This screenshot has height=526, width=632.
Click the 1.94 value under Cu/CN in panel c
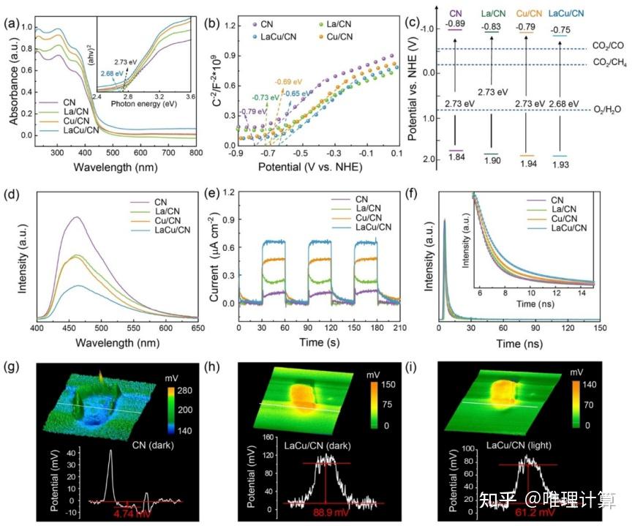point(527,161)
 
